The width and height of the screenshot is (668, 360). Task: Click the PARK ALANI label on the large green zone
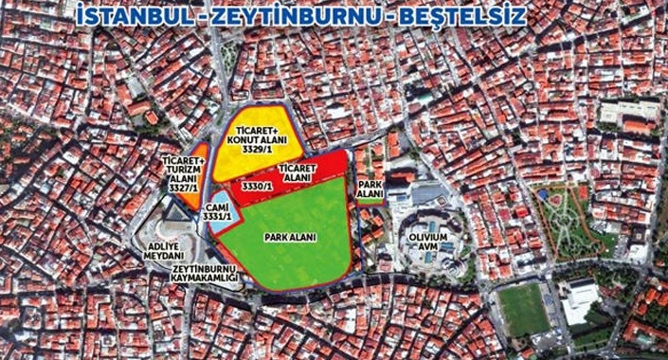[x=291, y=237]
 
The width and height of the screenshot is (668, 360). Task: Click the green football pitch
[x=523, y=309]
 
